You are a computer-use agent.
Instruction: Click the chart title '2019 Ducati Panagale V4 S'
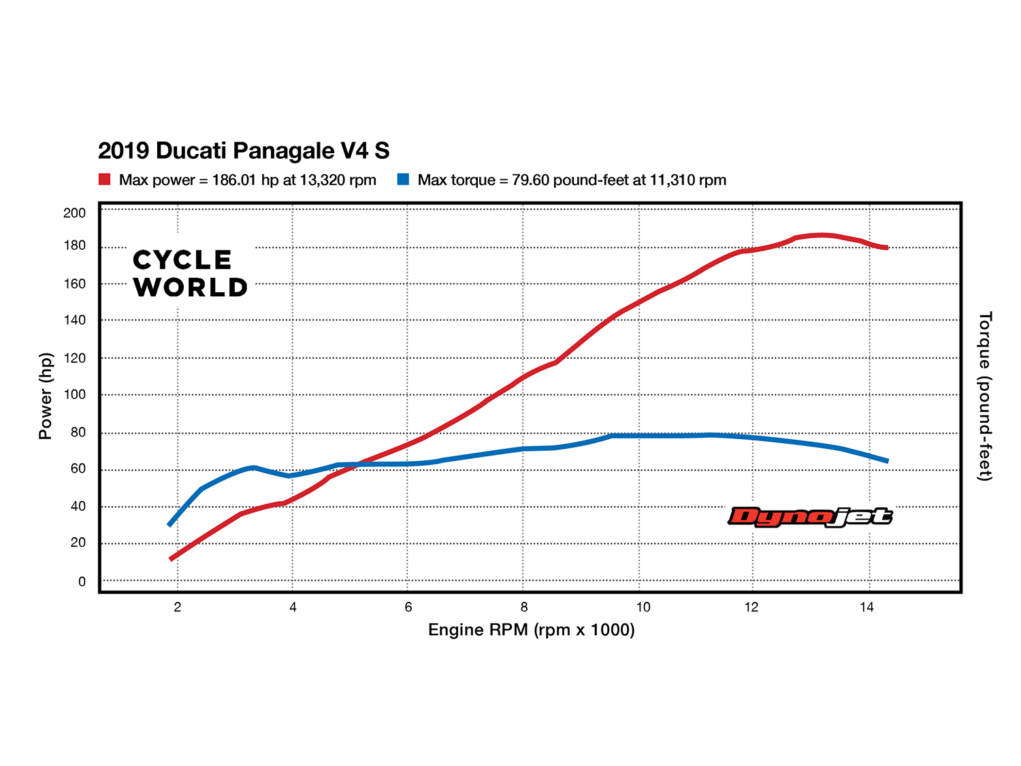(244, 150)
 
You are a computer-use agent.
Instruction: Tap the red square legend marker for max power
(104, 180)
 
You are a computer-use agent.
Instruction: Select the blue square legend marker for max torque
(404, 180)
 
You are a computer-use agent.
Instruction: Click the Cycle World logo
(190, 274)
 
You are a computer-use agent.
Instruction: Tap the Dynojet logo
(810, 517)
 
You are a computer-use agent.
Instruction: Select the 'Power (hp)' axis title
(46, 396)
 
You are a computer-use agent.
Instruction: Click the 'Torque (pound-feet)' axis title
(984, 396)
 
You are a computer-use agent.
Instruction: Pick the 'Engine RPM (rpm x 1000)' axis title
(531, 630)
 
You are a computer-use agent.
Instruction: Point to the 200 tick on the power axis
(75, 213)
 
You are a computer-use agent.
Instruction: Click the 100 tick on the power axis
(75, 395)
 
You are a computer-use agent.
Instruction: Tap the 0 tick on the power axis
(82, 581)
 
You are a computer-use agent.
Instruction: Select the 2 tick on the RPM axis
(178, 607)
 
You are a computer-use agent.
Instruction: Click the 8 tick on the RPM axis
(523, 607)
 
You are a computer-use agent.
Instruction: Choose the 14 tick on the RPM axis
(866, 607)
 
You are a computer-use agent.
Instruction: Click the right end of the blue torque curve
(887, 461)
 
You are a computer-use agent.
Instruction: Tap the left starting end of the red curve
(171, 559)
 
